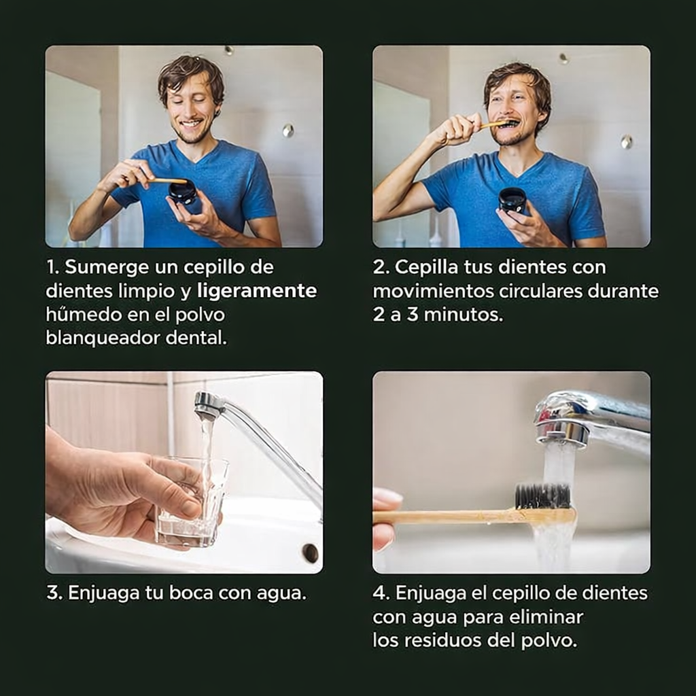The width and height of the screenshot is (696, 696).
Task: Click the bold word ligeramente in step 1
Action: tap(257, 291)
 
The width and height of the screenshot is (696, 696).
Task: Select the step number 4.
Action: tap(379, 593)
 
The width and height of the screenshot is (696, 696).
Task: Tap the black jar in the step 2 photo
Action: tap(512, 200)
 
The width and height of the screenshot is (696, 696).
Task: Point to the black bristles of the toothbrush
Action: tap(542, 496)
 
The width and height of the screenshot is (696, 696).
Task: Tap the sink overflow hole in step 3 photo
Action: tap(310, 553)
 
